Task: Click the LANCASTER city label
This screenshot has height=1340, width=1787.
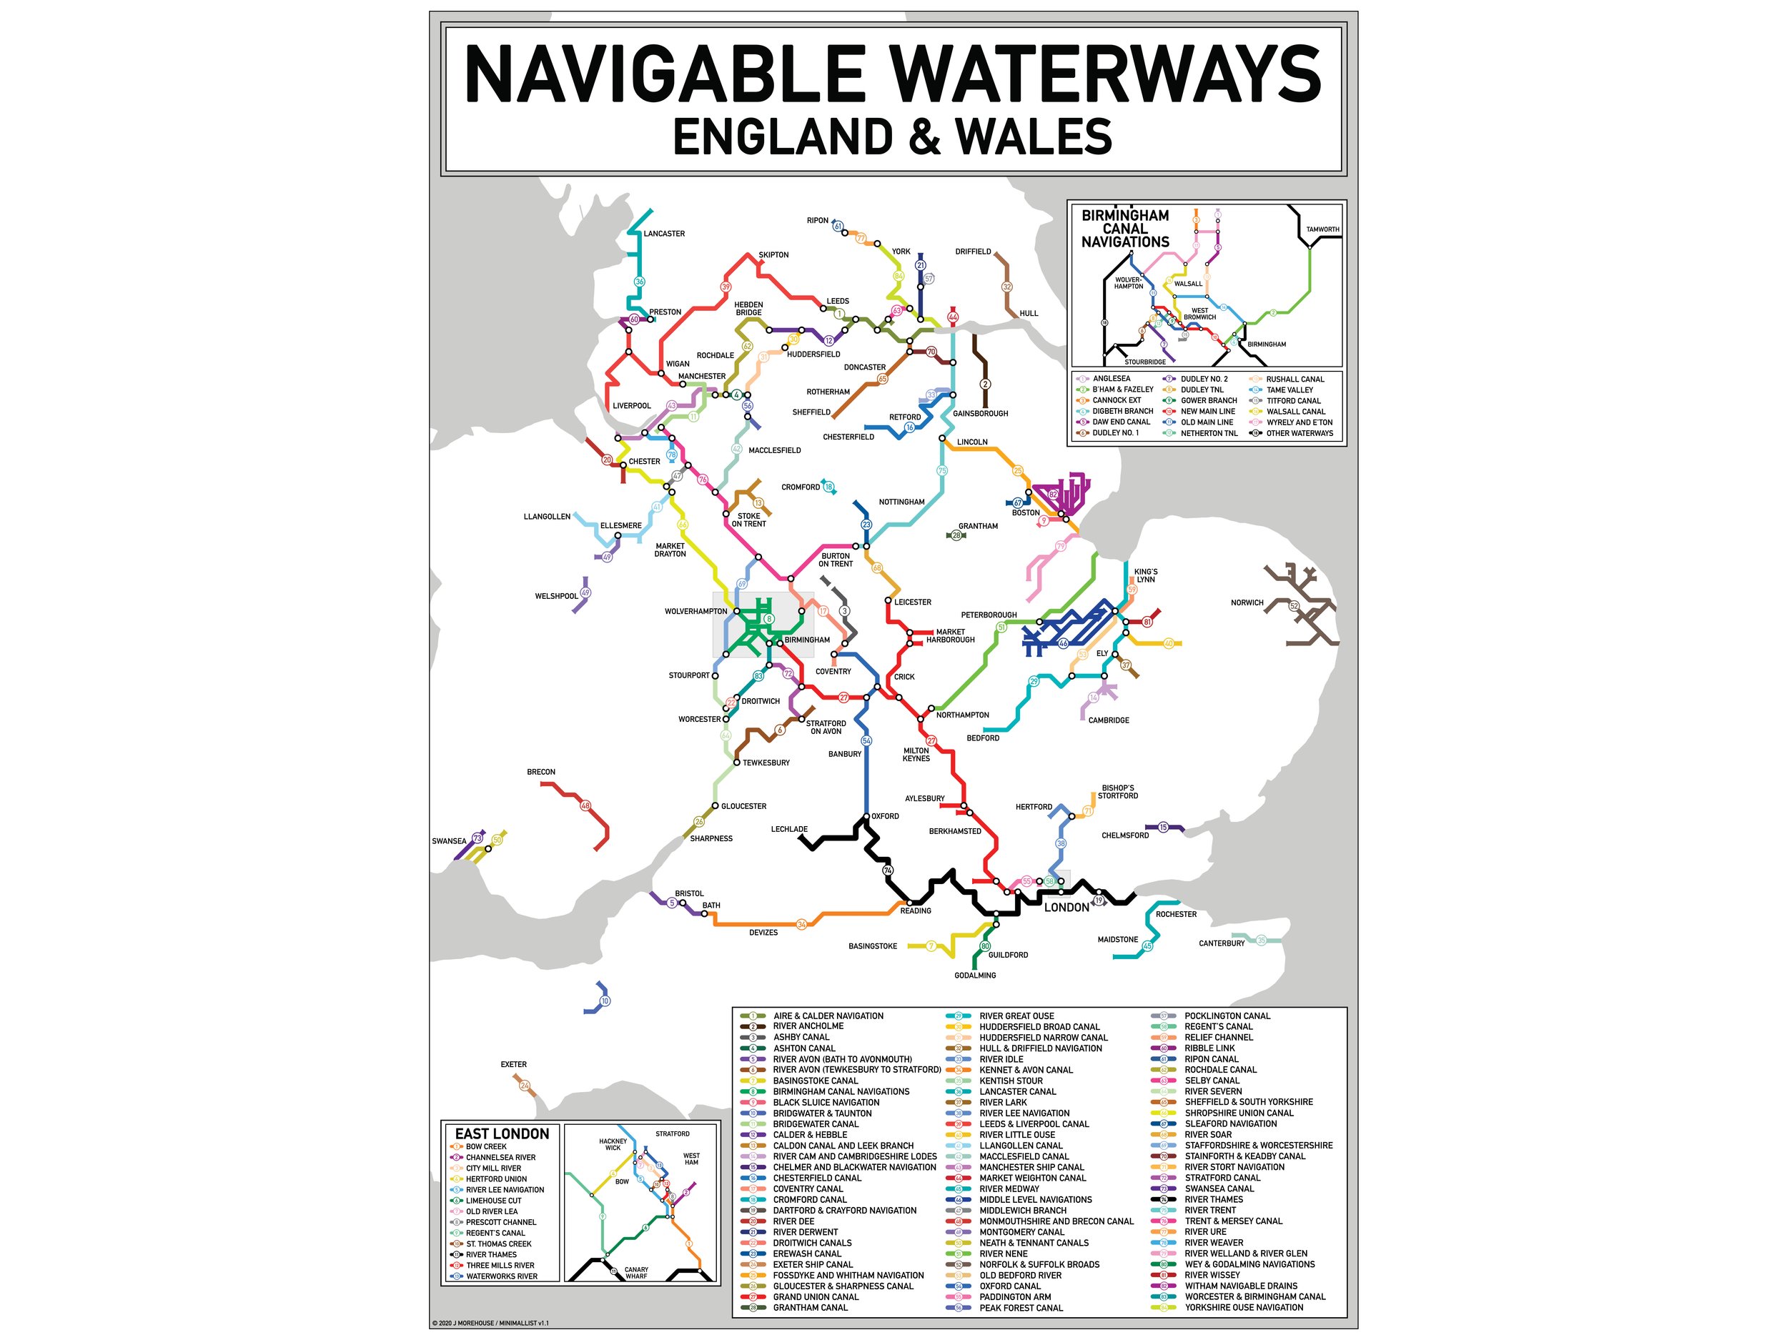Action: [x=663, y=234]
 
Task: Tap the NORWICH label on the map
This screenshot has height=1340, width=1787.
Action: [x=1247, y=602]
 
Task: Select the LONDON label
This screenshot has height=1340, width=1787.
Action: [x=1066, y=908]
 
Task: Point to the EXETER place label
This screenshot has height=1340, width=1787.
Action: [x=513, y=1065]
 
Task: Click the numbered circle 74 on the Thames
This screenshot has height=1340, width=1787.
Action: [x=888, y=870]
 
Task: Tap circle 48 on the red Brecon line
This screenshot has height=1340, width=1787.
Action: [x=585, y=806]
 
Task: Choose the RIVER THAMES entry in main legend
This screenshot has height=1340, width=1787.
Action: [x=1214, y=1199]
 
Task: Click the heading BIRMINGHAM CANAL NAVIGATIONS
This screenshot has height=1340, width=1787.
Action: [x=1124, y=229]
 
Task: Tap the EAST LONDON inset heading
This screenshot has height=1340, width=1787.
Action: [x=502, y=1134]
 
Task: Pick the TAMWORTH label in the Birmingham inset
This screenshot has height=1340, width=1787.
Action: [x=1322, y=229]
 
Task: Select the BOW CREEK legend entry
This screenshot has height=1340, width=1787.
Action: [x=485, y=1147]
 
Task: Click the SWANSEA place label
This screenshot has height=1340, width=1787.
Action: [x=448, y=842]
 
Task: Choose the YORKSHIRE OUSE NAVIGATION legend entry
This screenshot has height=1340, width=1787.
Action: [x=1243, y=1308]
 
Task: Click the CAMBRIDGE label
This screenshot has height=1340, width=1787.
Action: [x=1109, y=720]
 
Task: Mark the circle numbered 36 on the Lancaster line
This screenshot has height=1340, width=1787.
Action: [x=640, y=282]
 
